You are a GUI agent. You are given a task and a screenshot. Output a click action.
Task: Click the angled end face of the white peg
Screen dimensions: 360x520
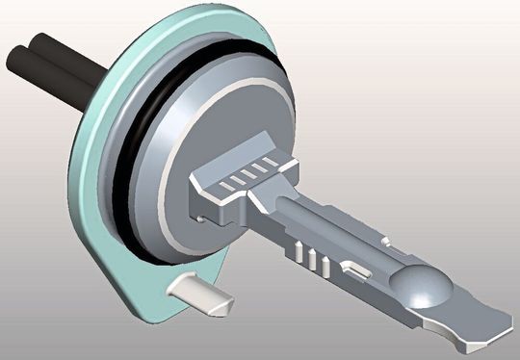pyautogui.click(x=222, y=306)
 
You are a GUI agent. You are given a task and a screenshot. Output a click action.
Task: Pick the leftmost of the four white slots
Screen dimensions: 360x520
pyautogui.click(x=222, y=182)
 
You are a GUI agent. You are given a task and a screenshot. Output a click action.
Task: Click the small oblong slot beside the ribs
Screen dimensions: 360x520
pyautogui.click(x=353, y=269)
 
